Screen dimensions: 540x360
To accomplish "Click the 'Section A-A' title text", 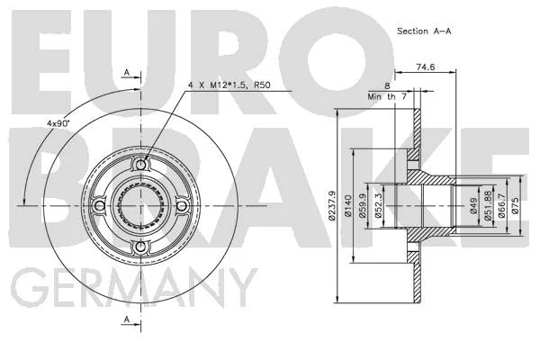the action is [424, 31].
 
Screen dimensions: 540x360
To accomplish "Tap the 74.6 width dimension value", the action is [426, 67].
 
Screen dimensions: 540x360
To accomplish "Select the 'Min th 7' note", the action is [387, 97].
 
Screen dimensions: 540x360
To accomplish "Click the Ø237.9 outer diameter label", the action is [331, 205].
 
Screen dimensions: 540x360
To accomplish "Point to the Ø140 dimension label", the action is [347, 206].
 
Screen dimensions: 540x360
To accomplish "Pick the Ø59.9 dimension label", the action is [362, 206].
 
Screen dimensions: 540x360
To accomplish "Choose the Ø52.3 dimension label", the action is [378, 206].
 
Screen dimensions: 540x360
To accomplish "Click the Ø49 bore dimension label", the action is [474, 206].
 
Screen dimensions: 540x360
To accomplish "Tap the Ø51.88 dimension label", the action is [488, 206].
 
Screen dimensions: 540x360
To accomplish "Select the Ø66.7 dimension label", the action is [501, 206].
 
